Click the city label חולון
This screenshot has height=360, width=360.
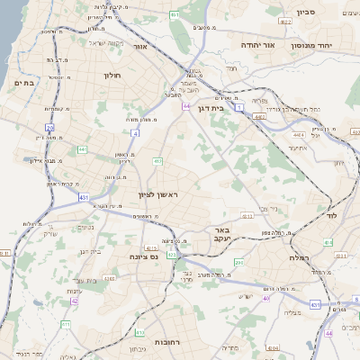click(112, 76)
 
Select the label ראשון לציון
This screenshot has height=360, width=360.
click(165, 195)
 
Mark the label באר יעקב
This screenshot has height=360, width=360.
click(223, 235)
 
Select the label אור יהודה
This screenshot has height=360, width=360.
click(256, 43)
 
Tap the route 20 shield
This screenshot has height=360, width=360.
click(50, 128)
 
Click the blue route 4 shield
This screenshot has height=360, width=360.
click(137, 132)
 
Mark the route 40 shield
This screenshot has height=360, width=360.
click(265, 298)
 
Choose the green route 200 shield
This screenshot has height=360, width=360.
click(238, 262)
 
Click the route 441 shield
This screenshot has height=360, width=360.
click(82, 148)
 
